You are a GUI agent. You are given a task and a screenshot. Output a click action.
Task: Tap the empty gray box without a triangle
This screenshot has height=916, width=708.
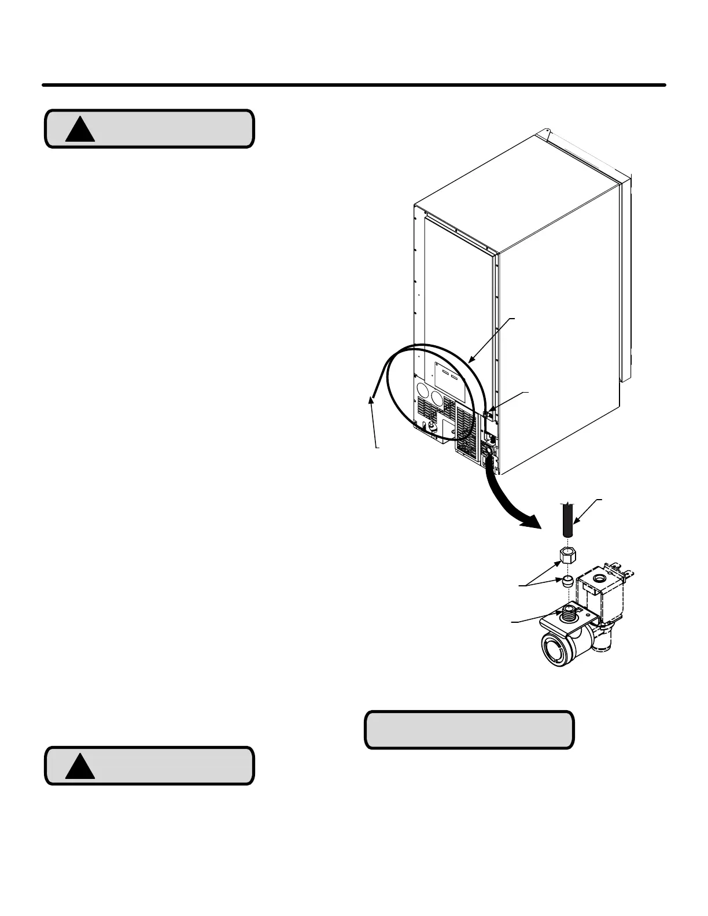tap(469, 730)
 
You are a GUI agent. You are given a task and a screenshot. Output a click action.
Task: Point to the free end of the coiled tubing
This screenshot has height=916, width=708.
tap(371, 398)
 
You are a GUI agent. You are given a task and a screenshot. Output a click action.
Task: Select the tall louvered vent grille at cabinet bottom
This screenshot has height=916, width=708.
tap(467, 428)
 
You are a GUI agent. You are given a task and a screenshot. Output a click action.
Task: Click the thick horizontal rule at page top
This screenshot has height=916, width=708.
tap(353, 85)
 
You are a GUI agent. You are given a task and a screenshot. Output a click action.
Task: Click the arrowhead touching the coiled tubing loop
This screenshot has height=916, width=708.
tap(471, 361)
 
